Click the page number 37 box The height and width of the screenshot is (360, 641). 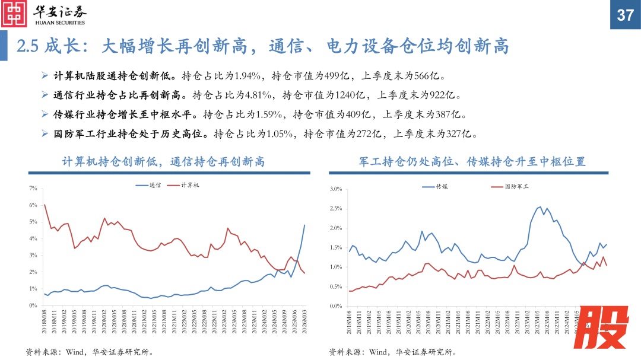[x=625, y=14]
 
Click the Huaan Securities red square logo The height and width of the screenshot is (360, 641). [x=14, y=14]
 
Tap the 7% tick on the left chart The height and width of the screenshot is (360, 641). [x=33, y=189]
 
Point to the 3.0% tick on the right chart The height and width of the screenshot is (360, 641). [x=336, y=189]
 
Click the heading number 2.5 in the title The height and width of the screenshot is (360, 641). [x=28, y=46]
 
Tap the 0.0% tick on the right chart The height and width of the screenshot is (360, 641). [x=336, y=305]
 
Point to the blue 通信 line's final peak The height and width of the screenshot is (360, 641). [x=304, y=225]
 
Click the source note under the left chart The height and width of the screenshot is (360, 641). [x=89, y=352]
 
